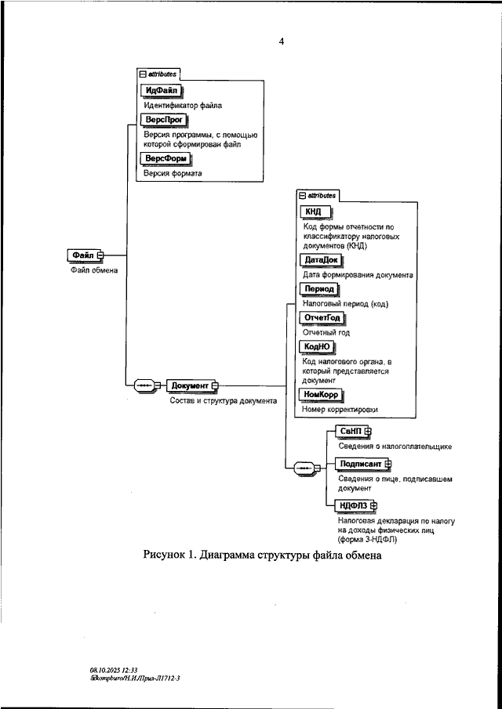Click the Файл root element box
pyautogui.click(x=83, y=255)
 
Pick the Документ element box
pyautogui.click(x=189, y=386)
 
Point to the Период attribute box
pyautogui.click(x=318, y=289)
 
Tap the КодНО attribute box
pyautogui.click(x=318, y=346)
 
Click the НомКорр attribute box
pyautogui.click(x=322, y=394)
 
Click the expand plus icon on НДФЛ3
pyautogui.click(x=374, y=505)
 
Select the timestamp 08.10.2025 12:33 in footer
pyautogui.click(x=113, y=670)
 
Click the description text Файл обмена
pyautogui.click(x=89, y=271)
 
